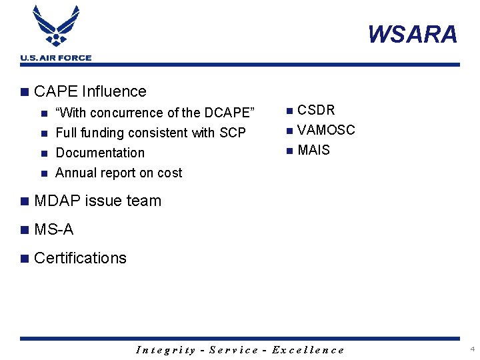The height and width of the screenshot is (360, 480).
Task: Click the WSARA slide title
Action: point(413,34)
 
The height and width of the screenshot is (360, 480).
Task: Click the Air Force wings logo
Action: point(56,27)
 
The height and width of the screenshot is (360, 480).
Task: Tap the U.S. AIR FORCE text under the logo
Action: point(56,58)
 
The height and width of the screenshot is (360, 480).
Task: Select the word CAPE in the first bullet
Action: point(57,91)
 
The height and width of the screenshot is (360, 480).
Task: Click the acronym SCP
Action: point(233,133)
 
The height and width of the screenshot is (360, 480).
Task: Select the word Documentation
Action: point(100,153)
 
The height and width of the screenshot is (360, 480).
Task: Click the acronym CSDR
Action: point(316,110)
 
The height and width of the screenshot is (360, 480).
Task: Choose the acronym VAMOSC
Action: point(326,130)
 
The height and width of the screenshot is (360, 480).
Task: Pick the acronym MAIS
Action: point(313,150)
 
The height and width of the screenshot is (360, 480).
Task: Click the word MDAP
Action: point(57,201)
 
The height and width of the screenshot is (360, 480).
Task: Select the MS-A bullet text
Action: point(53,230)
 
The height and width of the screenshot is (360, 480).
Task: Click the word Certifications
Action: point(80,258)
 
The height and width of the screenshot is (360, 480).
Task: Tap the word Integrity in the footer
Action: point(166,350)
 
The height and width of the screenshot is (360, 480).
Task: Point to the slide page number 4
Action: point(472,349)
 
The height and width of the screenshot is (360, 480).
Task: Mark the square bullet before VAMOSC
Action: point(289,131)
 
